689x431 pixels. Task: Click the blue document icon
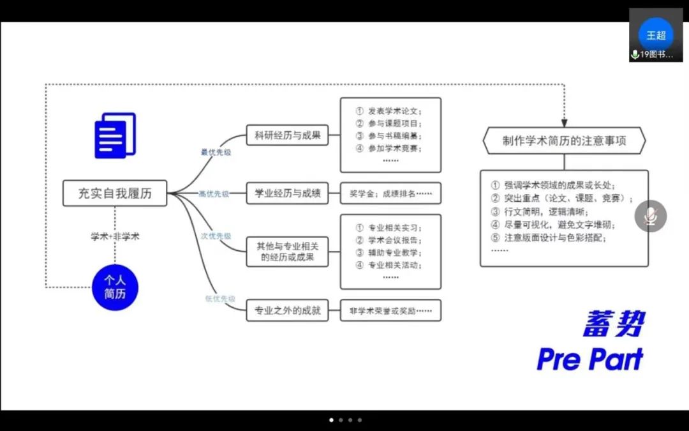(115, 135)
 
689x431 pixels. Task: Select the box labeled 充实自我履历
(115, 193)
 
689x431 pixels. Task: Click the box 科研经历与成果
(287, 135)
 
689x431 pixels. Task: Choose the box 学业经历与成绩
(287, 193)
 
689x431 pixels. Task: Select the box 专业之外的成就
(287, 312)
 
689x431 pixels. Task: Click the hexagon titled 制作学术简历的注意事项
(564, 140)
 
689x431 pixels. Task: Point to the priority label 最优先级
(215, 152)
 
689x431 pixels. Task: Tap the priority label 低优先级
(219, 299)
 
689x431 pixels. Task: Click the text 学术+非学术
(115, 236)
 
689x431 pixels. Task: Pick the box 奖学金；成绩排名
(390, 193)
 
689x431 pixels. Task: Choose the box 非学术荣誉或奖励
(390, 312)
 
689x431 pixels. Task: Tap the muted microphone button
(650, 216)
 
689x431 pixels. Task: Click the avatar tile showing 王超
(655, 35)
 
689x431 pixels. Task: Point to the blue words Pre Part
(589, 359)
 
